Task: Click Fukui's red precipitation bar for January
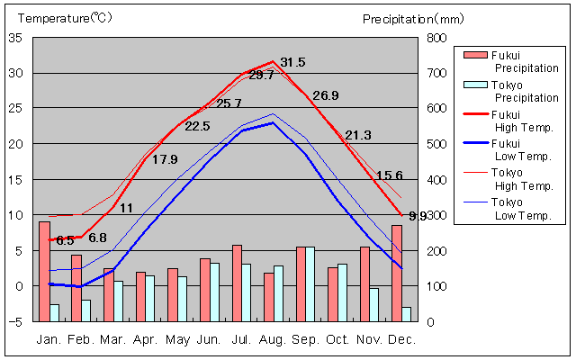tap(44, 271)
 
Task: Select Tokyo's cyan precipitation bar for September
tap(310, 283)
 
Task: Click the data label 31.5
tap(293, 62)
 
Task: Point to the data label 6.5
tap(65, 240)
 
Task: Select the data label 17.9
tap(165, 159)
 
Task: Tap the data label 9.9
tap(418, 216)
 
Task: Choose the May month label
tap(177, 339)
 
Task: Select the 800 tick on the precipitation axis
tap(436, 38)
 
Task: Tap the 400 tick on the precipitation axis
tap(436, 180)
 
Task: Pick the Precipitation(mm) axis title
tap(413, 18)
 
